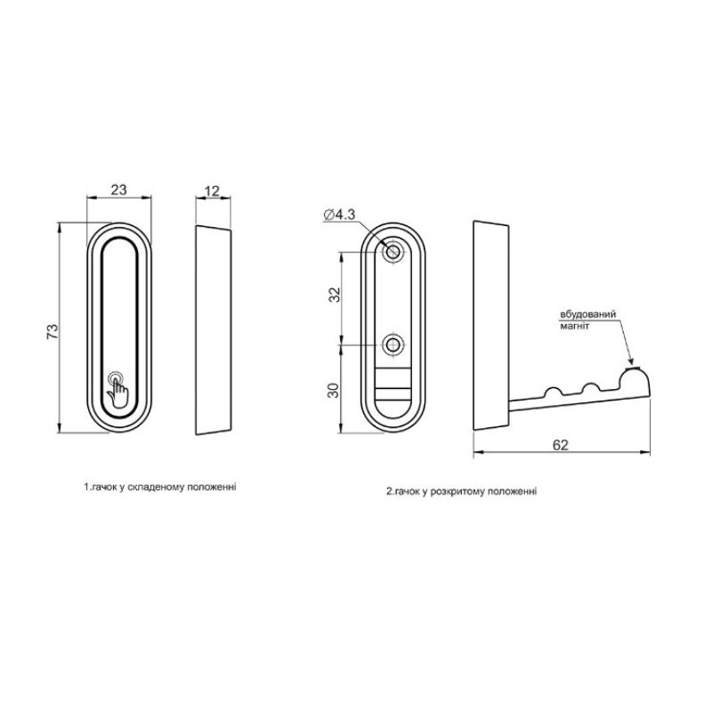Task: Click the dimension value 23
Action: (x=118, y=190)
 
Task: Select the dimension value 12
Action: (x=212, y=191)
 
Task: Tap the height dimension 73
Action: (x=53, y=331)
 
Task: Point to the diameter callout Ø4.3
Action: (x=339, y=214)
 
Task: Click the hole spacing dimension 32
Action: (x=335, y=295)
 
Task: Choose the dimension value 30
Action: (x=334, y=391)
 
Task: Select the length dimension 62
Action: (x=561, y=445)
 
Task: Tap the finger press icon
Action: (x=117, y=389)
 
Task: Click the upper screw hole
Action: (x=392, y=251)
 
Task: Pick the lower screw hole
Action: (x=392, y=345)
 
